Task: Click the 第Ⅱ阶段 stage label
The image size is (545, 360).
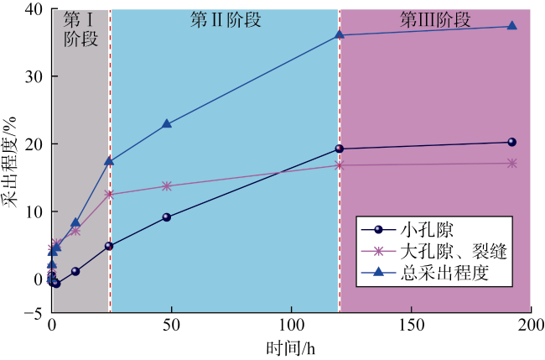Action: pos(226,18)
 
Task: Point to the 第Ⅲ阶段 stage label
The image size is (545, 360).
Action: pos(435,18)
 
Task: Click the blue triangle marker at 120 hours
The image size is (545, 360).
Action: pos(340,34)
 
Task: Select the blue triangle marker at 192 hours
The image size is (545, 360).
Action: pos(512,26)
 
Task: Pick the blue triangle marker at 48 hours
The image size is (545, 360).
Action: pos(167,123)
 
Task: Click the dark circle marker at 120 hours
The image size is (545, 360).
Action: pos(340,149)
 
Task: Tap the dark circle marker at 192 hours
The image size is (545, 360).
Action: pos(512,142)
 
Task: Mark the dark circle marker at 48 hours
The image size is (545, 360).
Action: pos(167,217)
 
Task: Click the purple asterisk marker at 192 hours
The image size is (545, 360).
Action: pos(512,163)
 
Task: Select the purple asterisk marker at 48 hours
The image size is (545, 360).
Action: pos(167,185)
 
